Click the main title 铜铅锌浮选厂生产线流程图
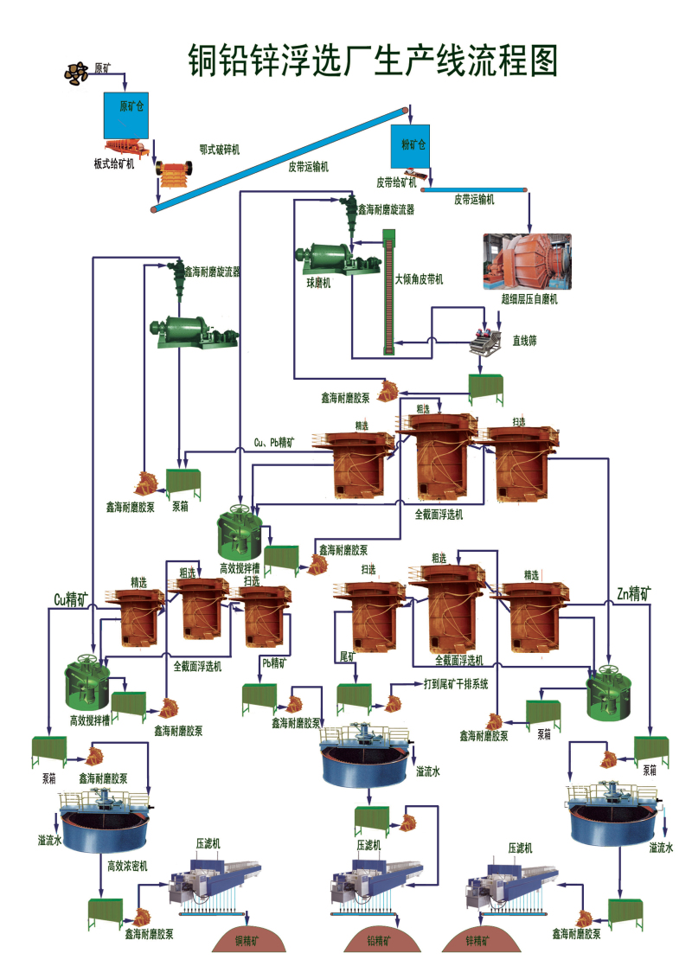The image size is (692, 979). [373, 60]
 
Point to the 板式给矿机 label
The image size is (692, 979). [114, 164]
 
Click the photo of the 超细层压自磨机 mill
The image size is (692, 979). [528, 259]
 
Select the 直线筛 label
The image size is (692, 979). [525, 341]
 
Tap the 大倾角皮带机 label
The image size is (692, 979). [419, 279]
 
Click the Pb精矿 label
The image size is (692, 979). [274, 662]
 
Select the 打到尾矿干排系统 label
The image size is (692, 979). [456, 683]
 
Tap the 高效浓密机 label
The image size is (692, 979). [128, 865]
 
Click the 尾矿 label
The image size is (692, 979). [348, 656]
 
